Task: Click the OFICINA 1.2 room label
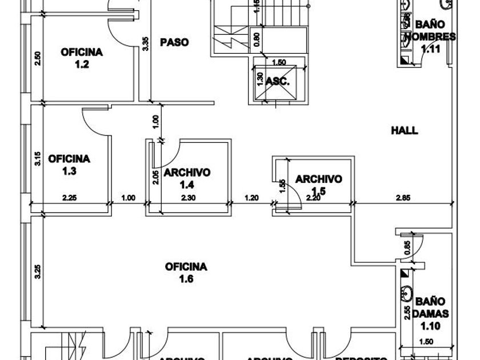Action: [82, 58]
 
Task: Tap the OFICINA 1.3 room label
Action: [69, 164]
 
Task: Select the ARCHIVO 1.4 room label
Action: [187, 178]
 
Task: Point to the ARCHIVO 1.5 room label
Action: [318, 185]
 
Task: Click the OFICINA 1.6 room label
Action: [186, 273]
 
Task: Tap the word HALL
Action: [404, 130]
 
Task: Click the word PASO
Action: [174, 42]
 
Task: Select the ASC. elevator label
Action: [278, 81]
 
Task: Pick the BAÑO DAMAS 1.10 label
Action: [430, 314]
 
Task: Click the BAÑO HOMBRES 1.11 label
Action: [430, 37]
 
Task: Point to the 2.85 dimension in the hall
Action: [403, 198]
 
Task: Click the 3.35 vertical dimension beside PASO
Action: [146, 44]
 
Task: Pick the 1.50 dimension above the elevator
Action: [279, 62]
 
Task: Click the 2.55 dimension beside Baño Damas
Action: [406, 315]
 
